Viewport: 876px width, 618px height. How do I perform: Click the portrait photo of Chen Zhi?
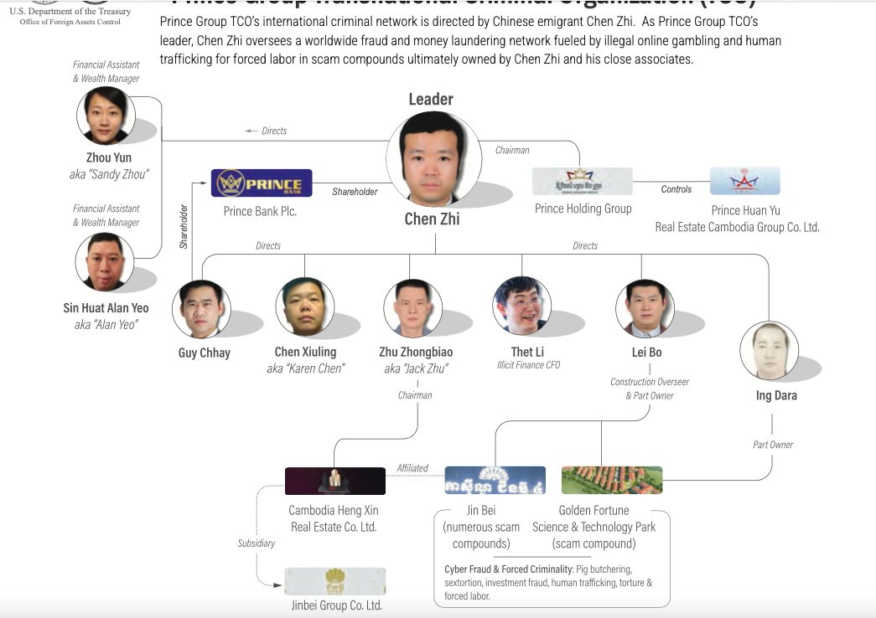point(428,159)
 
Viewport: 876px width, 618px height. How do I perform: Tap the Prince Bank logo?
point(262,183)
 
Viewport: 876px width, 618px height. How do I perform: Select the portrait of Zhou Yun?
point(106,116)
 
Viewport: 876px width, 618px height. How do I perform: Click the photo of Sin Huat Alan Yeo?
point(105,262)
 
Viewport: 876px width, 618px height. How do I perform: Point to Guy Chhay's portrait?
point(201,309)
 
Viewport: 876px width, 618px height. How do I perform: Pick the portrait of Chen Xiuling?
point(305,306)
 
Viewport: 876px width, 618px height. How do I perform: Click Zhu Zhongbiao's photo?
point(412,307)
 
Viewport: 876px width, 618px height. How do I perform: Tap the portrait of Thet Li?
point(522,306)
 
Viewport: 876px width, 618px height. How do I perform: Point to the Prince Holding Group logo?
point(582,182)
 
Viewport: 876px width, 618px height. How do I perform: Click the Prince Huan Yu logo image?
point(744,181)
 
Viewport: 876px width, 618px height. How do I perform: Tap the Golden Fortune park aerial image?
point(611,480)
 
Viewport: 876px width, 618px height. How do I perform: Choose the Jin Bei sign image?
point(495,480)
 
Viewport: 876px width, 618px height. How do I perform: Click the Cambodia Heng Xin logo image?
point(335,481)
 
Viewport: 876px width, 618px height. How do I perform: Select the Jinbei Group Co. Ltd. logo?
point(334,581)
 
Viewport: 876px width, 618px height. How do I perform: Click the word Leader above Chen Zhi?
point(431,99)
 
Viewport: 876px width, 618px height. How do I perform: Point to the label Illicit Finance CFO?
point(528,365)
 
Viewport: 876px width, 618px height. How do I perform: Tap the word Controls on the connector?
point(676,189)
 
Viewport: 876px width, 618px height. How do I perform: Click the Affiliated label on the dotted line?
point(412,468)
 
